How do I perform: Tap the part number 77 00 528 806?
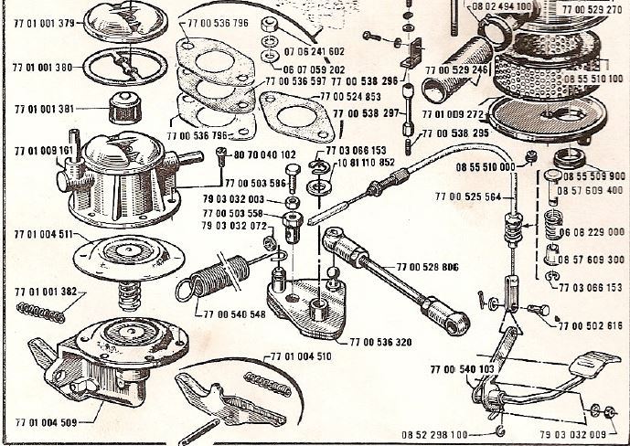point(428,267)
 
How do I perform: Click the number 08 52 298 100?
point(437,435)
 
